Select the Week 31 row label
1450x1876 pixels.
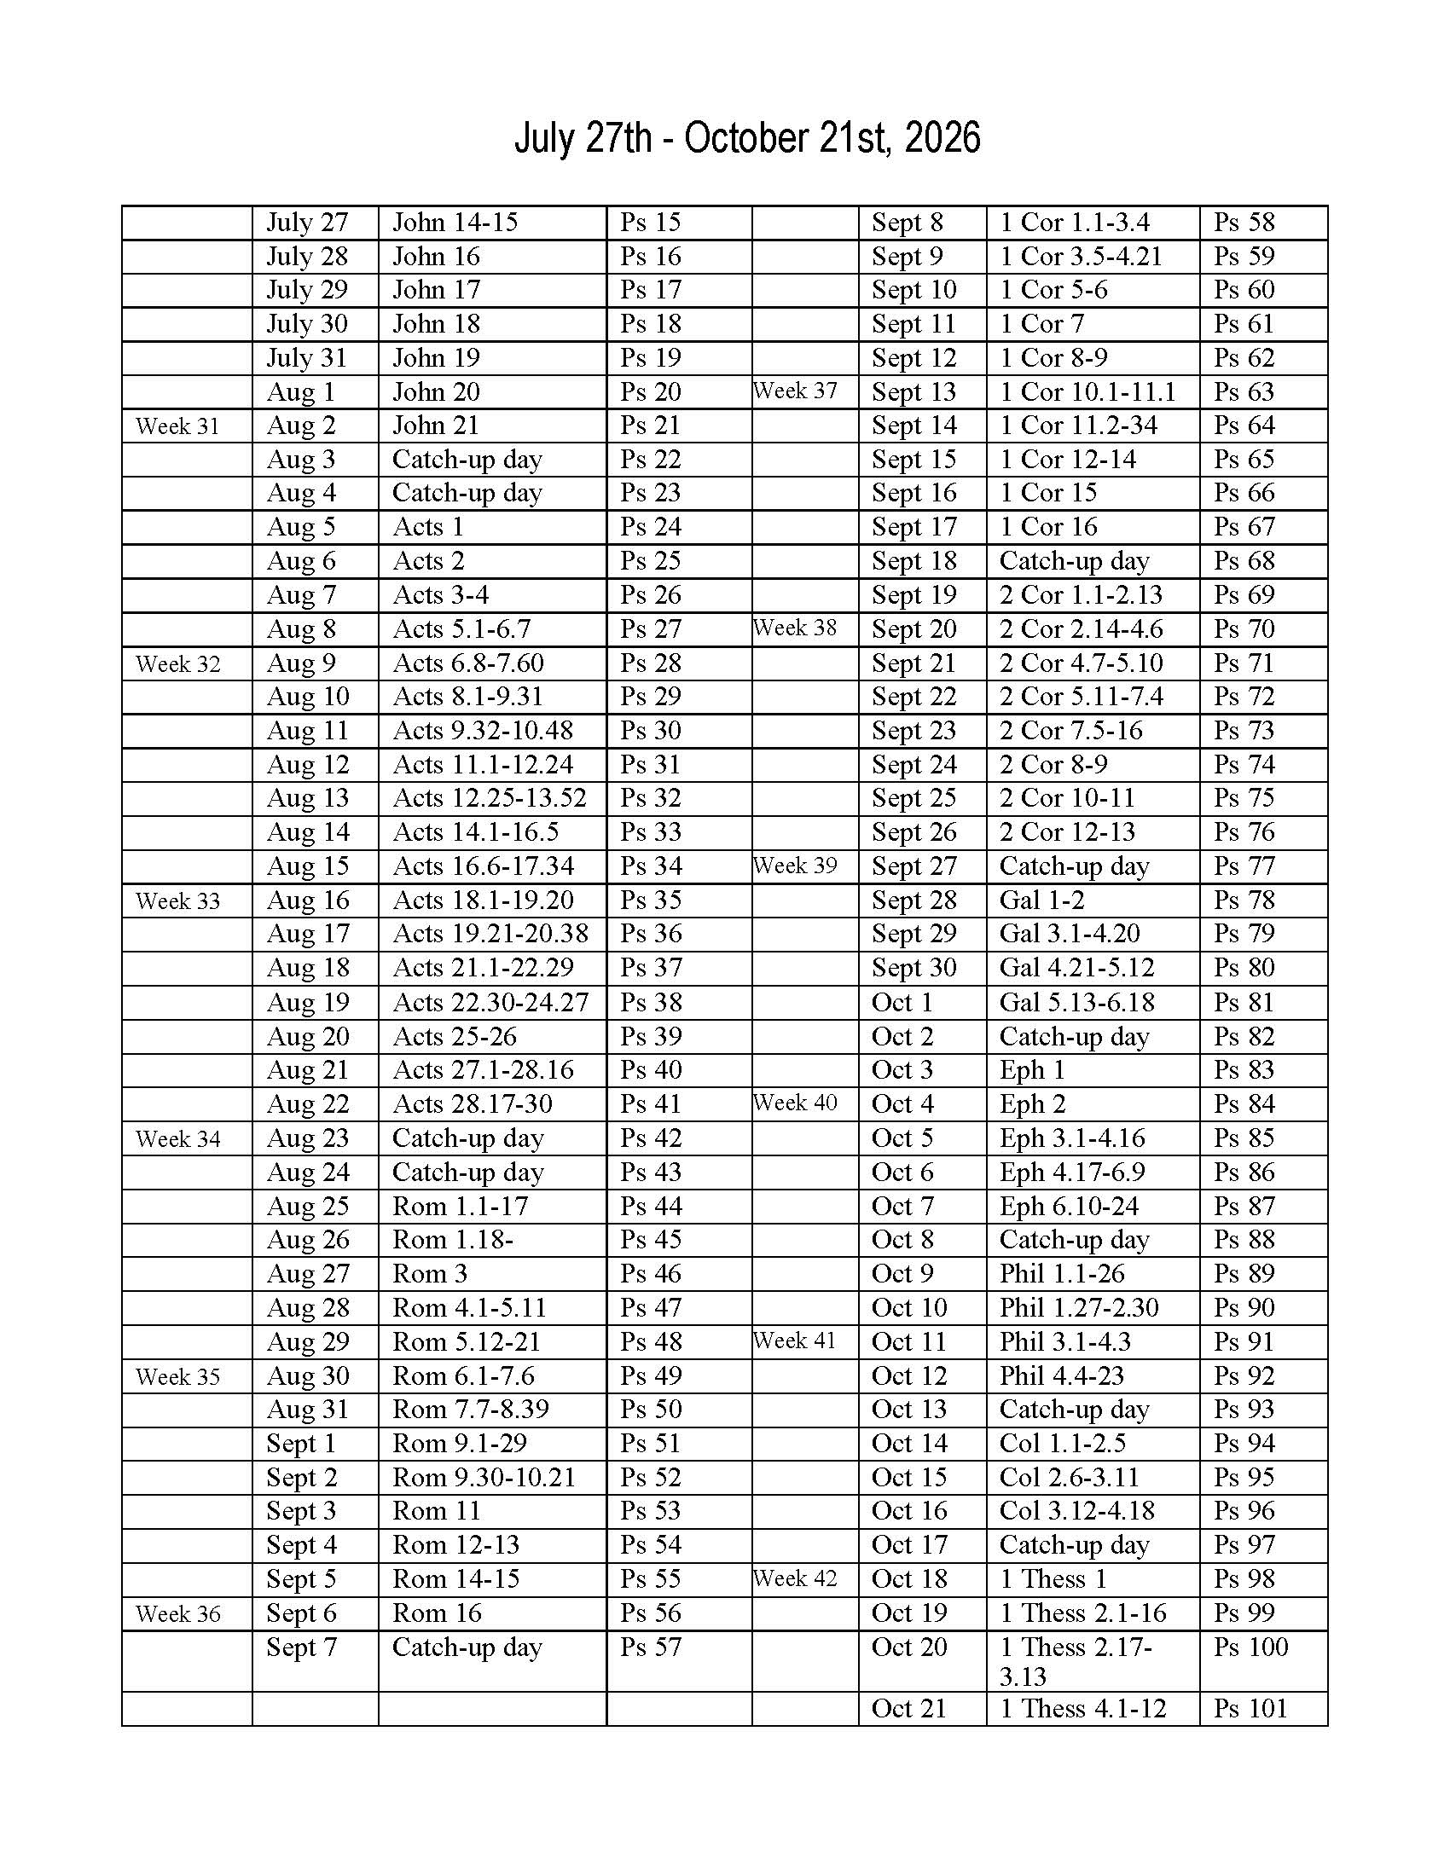[177, 426]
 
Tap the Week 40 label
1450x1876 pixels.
[795, 1102]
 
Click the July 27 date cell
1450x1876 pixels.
[307, 223]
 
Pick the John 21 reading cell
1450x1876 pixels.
[436, 426]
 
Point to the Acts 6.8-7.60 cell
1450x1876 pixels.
[468, 663]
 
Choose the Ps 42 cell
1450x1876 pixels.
[650, 1138]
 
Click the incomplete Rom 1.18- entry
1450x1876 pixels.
[453, 1240]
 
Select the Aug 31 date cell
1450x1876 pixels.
[308, 1410]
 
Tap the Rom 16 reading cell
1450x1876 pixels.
[437, 1613]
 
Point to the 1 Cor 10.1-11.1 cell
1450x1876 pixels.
[1087, 391]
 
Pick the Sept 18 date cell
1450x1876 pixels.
[914, 561]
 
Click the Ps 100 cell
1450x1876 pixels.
[1250, 1647]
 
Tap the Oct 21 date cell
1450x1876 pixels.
[908, 1709]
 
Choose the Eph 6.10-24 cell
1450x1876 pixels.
[1069, 1206]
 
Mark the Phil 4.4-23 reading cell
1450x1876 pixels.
[1061, 1376]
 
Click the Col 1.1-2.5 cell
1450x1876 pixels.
[1062, 1444]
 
